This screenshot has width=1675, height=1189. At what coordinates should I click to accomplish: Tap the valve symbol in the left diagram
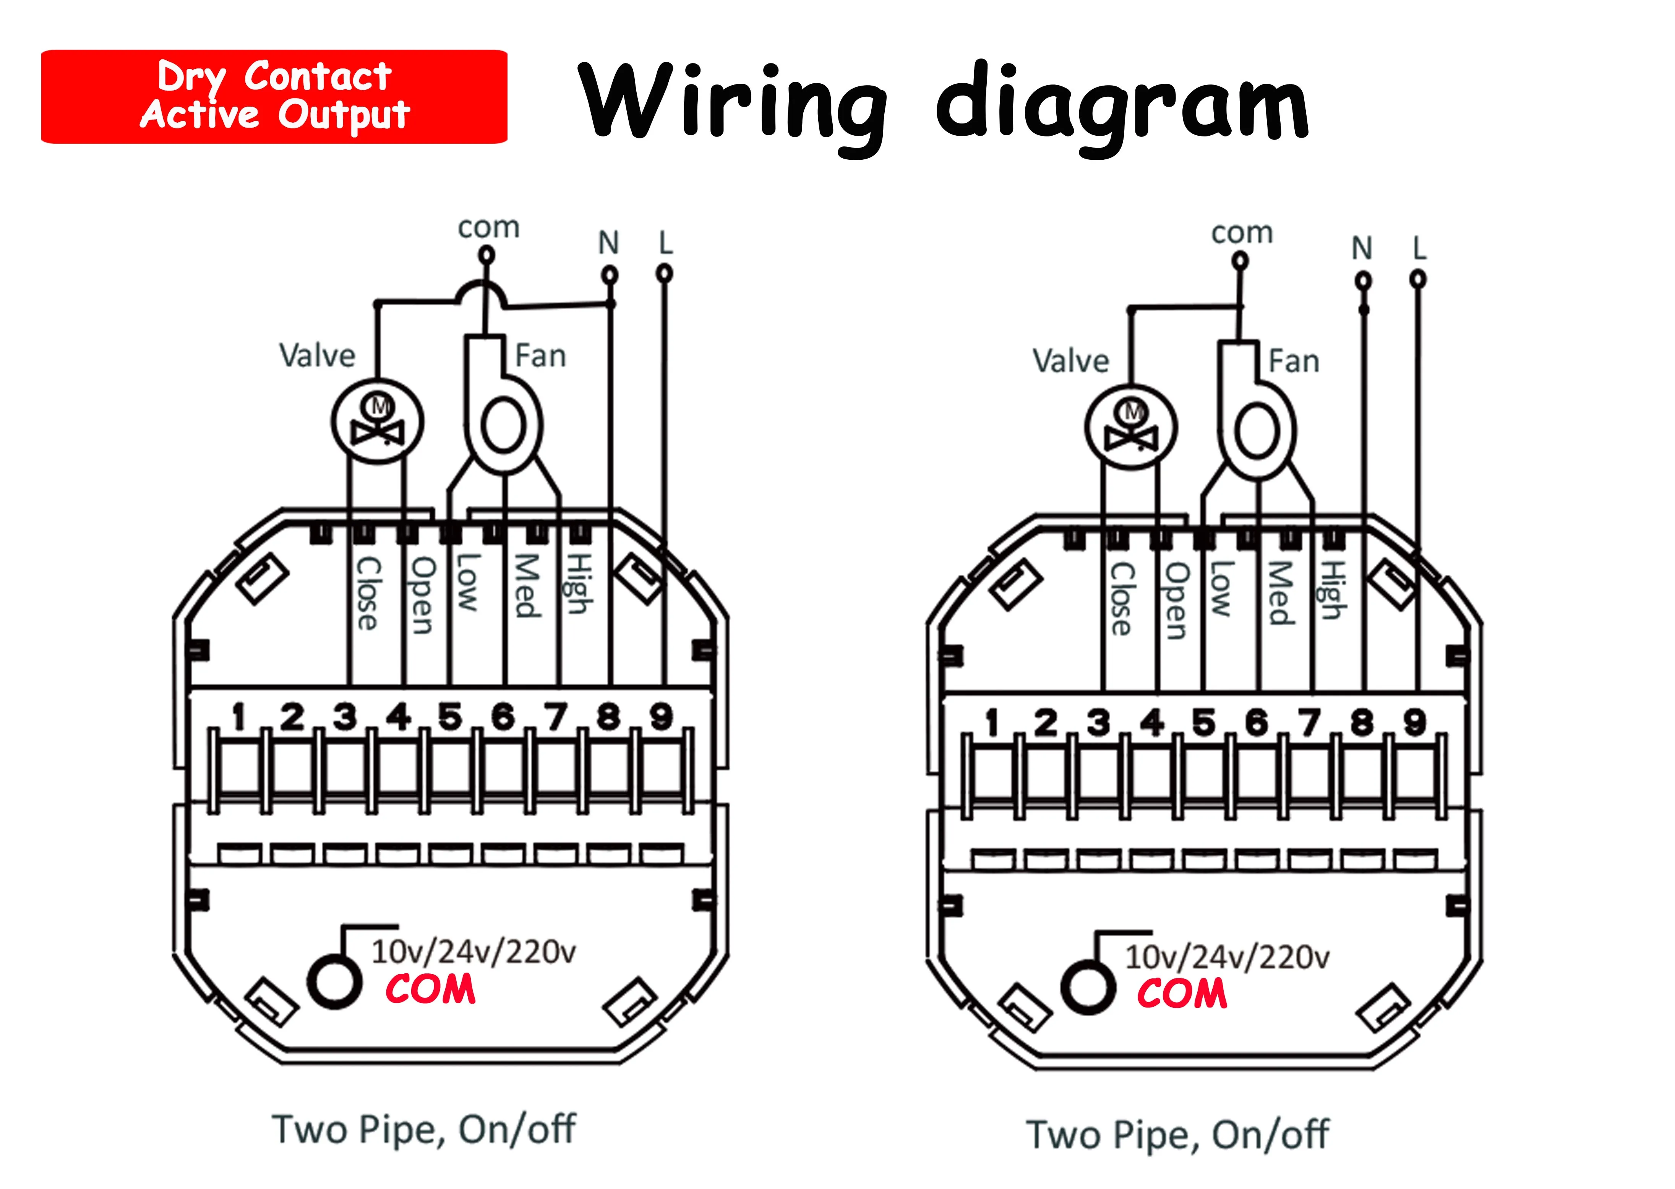pyautogui.click(x=378, y=422)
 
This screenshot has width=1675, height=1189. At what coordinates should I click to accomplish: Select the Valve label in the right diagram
pyautogui.click(x=1070, y=361)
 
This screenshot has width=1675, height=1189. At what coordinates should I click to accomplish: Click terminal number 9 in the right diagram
pyautogui.click(x=1414, y=723)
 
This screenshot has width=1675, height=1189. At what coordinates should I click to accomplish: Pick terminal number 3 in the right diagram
pyautogui.click(x=1098, y=723)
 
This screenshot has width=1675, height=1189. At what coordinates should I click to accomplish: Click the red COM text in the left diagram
pyautogui.click(x=430, y=990)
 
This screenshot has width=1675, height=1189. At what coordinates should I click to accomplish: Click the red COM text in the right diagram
pyautogui.click(x=1182, y=994)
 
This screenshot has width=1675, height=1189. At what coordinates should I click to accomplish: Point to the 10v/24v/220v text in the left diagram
pyautogui.click(x=473, y=952)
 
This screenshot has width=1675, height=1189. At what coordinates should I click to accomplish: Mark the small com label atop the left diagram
pyautogui.click(x=488, y=228)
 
